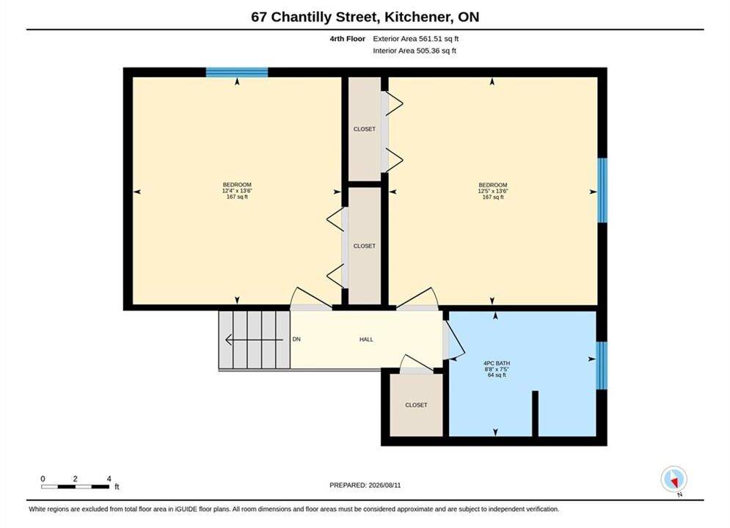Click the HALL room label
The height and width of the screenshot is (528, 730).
coord(366,340)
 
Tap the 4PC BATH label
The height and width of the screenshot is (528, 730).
coord(496,363)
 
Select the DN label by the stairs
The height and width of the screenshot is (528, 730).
coord(296,340)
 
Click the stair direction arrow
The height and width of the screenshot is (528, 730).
coord(254,340)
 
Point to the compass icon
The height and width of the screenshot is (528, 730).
coord(674,479)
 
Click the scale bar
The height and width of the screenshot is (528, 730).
coord(76,487)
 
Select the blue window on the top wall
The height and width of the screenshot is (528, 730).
coord(237,72)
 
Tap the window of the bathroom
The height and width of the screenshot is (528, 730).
coord(602,365)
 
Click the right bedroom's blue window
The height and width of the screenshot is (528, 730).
coord(602,190)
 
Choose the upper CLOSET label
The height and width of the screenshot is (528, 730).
coord(364,129)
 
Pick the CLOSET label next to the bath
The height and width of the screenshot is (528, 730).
coord(416,406)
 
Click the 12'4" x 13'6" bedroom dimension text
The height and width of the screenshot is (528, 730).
coord(237,191)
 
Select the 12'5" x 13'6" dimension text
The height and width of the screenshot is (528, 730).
coord(492,191)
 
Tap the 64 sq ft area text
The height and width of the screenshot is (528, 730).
coord(496,375)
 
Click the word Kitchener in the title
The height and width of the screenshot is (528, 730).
coord(416,17)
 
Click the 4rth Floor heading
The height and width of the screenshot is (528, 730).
coord(347,39)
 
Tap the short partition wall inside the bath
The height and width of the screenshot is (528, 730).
coord(535,414)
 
